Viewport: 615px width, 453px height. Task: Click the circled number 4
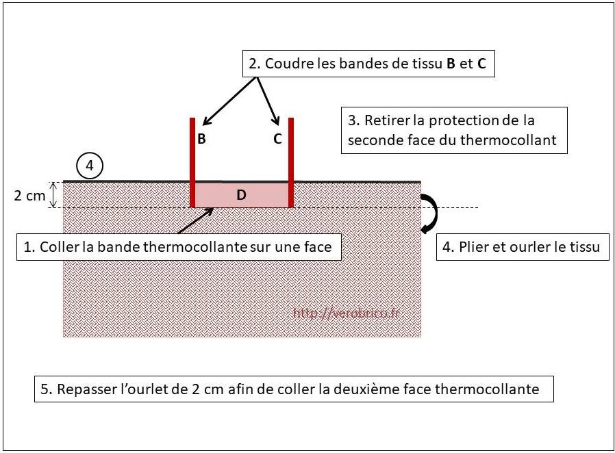[x=90, y=166]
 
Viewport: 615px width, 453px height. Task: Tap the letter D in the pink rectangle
[x=241, y=195]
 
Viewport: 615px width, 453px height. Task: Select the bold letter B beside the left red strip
[x=201, y=139]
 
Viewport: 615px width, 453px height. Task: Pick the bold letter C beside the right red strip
[x=277, y=139]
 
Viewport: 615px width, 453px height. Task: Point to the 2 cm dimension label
[x=29, y=196]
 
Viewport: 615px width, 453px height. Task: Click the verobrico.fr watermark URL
[x=346, y=313]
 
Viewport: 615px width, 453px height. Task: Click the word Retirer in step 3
[x=387, y=120]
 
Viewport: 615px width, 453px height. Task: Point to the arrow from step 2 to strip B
[x=230, y=101]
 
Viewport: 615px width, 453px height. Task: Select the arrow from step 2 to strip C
[x=268, y=101]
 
